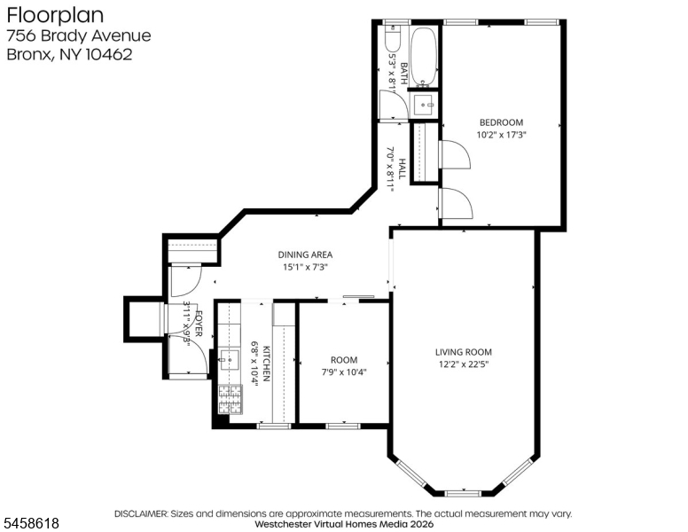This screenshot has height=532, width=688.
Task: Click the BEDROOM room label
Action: point(501,122)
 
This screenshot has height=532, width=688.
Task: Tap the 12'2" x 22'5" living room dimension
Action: point(464,364)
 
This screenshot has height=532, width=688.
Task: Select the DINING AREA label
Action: point(305,254)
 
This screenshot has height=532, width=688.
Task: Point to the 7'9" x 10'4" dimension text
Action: point(344,372)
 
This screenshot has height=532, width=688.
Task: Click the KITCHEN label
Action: point(266,363)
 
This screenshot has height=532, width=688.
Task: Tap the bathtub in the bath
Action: point(424,56)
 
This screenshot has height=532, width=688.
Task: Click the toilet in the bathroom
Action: point(392,39)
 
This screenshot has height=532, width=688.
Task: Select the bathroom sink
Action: point(423,106)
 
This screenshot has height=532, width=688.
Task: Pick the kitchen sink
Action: point(229,361)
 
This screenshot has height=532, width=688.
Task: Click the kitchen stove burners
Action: point(231,399)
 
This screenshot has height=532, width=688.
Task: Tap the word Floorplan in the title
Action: point(55,15)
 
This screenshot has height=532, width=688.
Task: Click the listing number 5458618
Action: point(31,523)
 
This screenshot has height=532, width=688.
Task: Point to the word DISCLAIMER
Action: point(141,513)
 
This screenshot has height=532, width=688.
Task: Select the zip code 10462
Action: point(109,54)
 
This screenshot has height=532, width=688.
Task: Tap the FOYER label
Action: point(199,324)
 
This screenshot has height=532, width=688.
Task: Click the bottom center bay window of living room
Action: point(464,493)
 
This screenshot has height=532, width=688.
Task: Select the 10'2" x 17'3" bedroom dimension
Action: point(501,134)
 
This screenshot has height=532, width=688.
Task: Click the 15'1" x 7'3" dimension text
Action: point(305,266)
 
